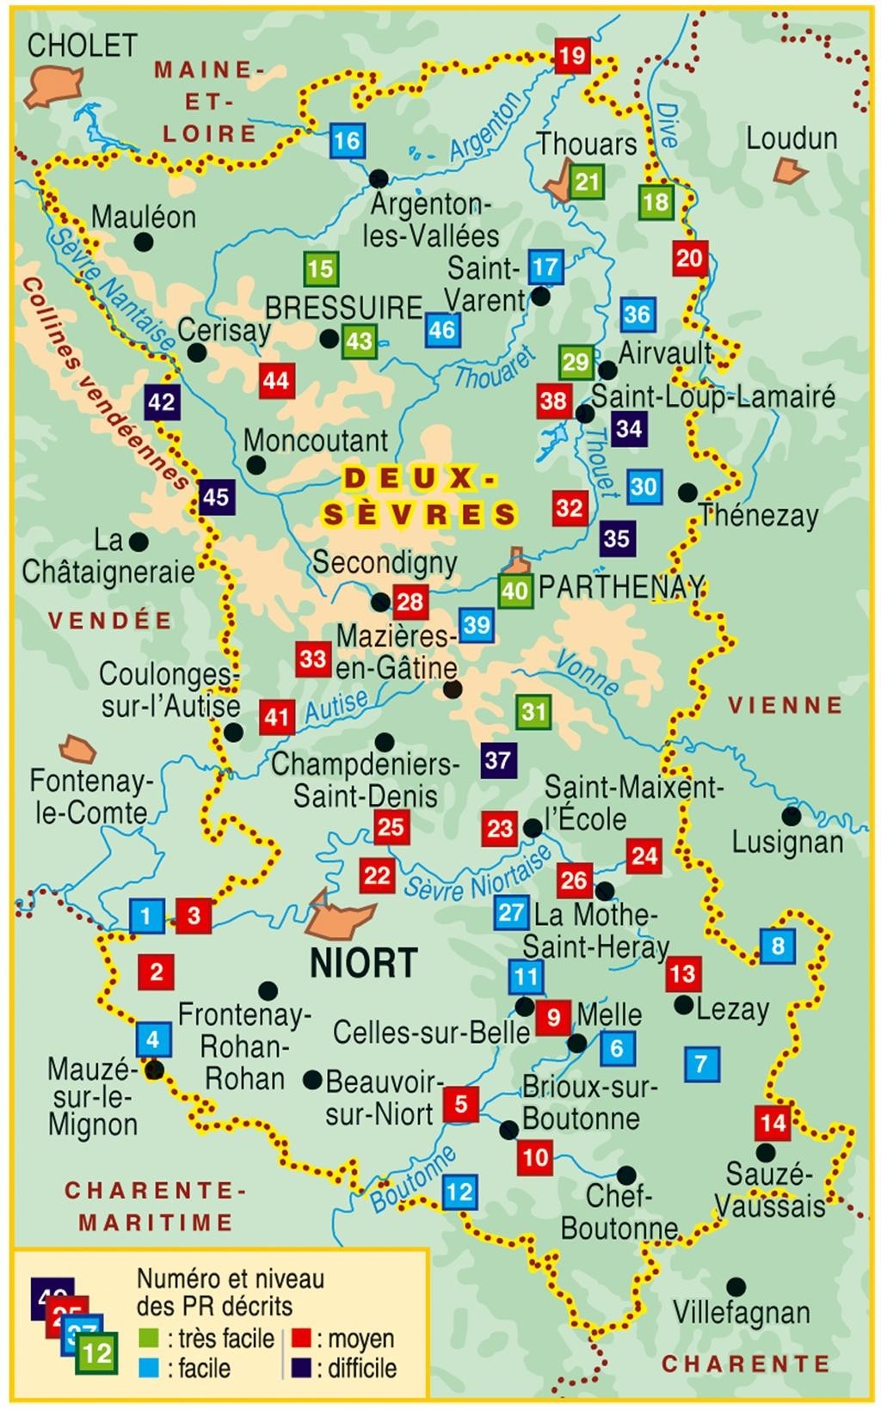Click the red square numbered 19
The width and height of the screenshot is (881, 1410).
coord(571,57)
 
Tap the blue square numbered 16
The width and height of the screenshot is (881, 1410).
coord(347,140)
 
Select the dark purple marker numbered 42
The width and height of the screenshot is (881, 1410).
coord(162,402)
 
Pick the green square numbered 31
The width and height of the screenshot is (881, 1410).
coord(534,711)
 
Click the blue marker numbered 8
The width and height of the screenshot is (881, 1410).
coord(778,947)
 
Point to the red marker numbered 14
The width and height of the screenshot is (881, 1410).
coord(773,1122)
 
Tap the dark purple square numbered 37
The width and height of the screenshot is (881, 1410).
coord(497,760)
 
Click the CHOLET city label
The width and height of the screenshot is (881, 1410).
coord(82,45)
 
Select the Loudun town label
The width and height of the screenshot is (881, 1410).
coord(792,138)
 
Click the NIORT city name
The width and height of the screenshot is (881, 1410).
coord(364,963)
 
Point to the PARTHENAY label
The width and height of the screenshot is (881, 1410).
coord(621,587)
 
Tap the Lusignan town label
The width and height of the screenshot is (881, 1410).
coord(787,842)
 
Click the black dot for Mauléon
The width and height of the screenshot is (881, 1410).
coord(144,242)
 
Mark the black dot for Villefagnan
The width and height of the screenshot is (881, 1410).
coord(736,1286)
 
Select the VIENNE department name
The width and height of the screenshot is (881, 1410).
coord(786,706)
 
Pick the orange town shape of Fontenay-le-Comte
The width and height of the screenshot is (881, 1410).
coord(77,749)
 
